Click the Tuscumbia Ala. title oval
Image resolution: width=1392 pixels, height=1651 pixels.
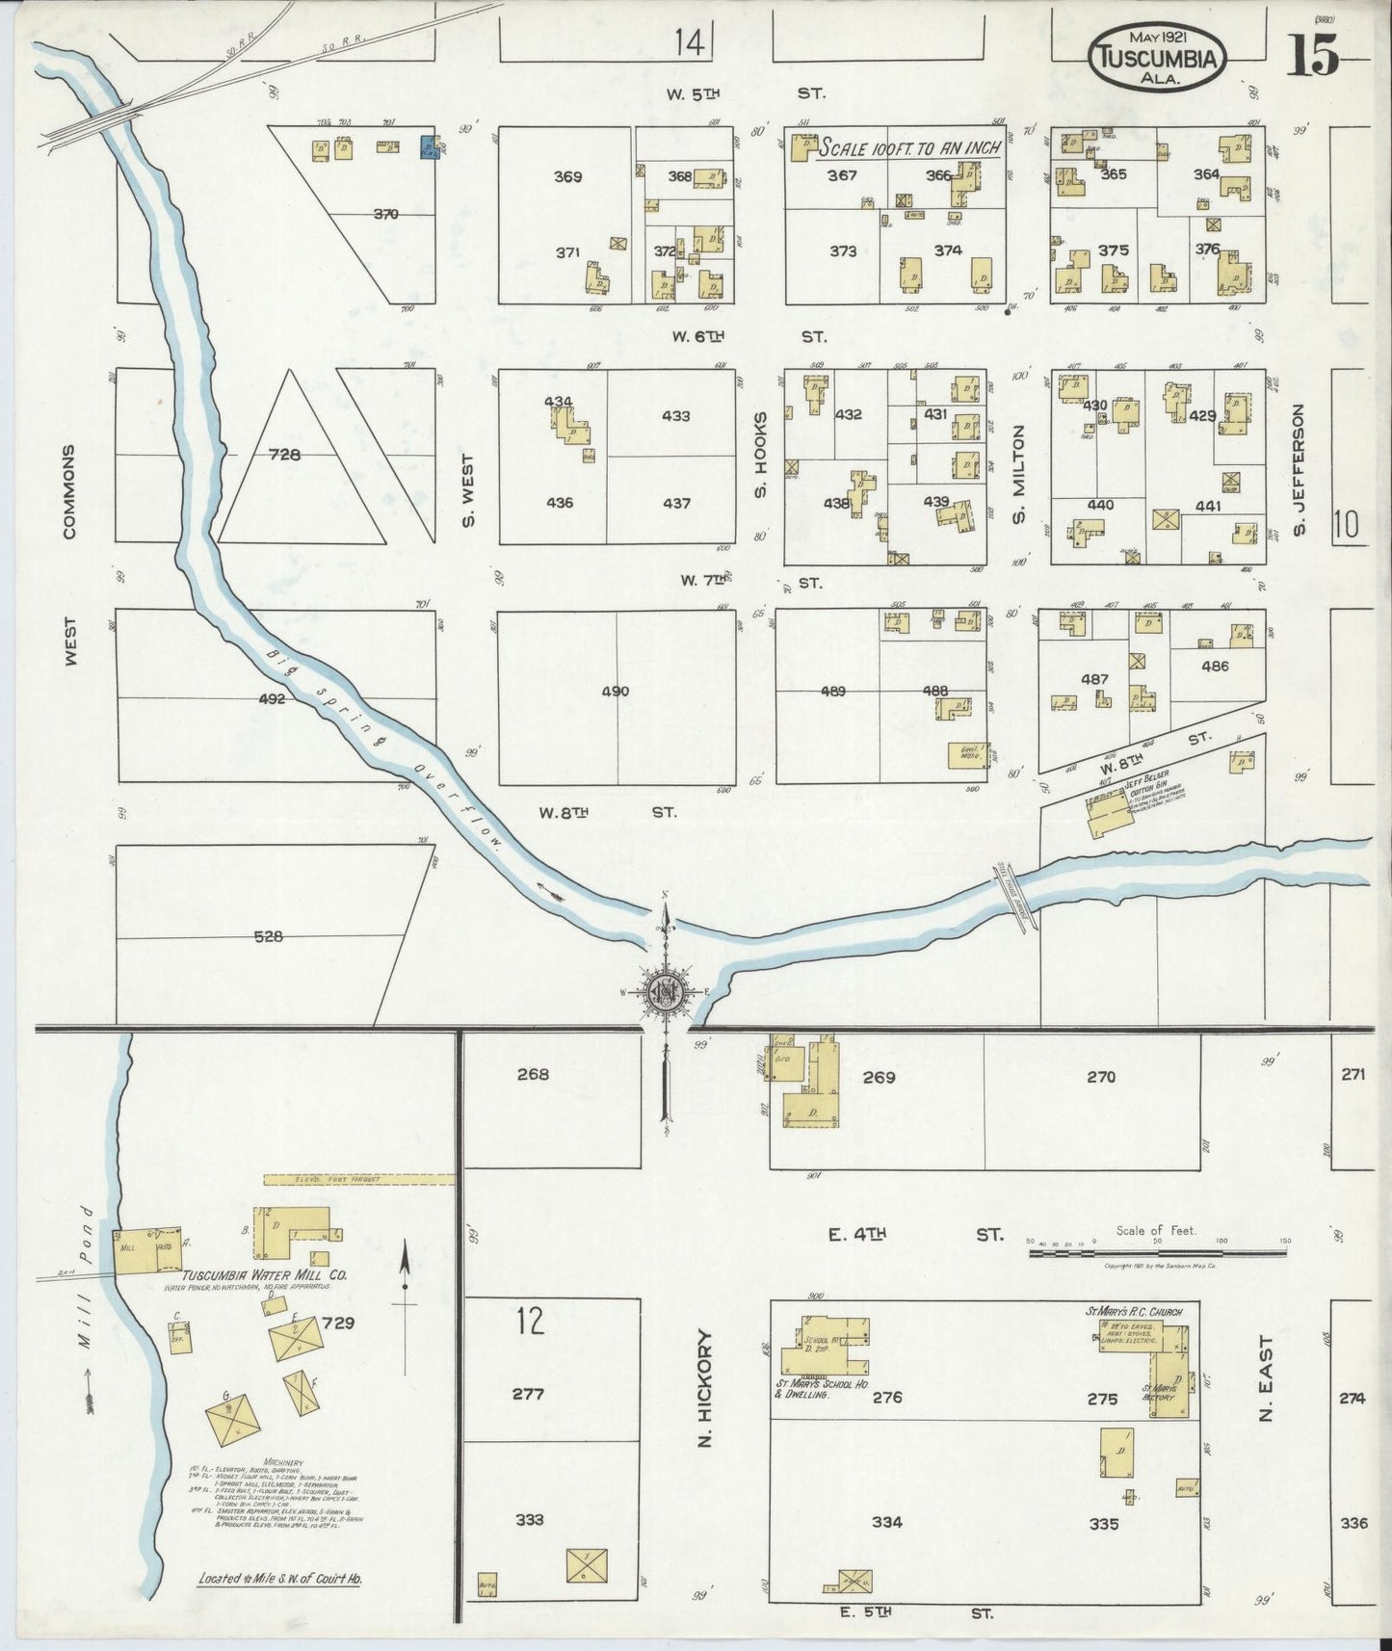[1158, 59]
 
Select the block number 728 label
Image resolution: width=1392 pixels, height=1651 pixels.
[286, 455]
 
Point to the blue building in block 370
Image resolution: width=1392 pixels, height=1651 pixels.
[430, 147]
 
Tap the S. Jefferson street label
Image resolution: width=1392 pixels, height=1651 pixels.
[1299, 469]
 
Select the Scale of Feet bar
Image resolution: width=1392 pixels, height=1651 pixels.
[1156, 1253]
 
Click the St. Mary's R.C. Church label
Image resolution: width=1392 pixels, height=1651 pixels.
[1134, 1311]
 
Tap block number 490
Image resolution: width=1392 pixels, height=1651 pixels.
[616, 691]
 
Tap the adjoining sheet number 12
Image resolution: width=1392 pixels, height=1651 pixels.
[530, 1321]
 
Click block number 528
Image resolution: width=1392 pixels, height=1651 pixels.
[268, 935]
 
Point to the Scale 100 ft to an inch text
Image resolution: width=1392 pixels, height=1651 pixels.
[908, 149]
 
